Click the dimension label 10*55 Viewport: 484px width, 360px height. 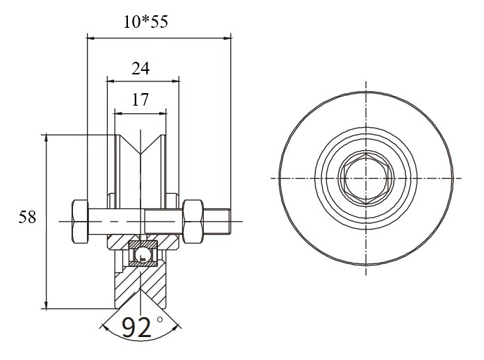tap(146, 22)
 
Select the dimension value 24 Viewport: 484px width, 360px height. tap(140, 69)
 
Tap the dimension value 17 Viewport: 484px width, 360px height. tap(140, 99)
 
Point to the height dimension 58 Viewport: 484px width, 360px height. tap(27, 217)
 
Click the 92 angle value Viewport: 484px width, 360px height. tap(136, 327)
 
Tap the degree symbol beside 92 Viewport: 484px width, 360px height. tap(159, 320)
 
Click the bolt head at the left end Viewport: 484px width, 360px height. tap(80, 221)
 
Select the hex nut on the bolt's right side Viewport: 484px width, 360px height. tap(193, 221)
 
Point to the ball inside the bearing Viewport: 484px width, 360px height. tap(143, 254)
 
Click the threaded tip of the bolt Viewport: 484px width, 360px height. tap(216, 221)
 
